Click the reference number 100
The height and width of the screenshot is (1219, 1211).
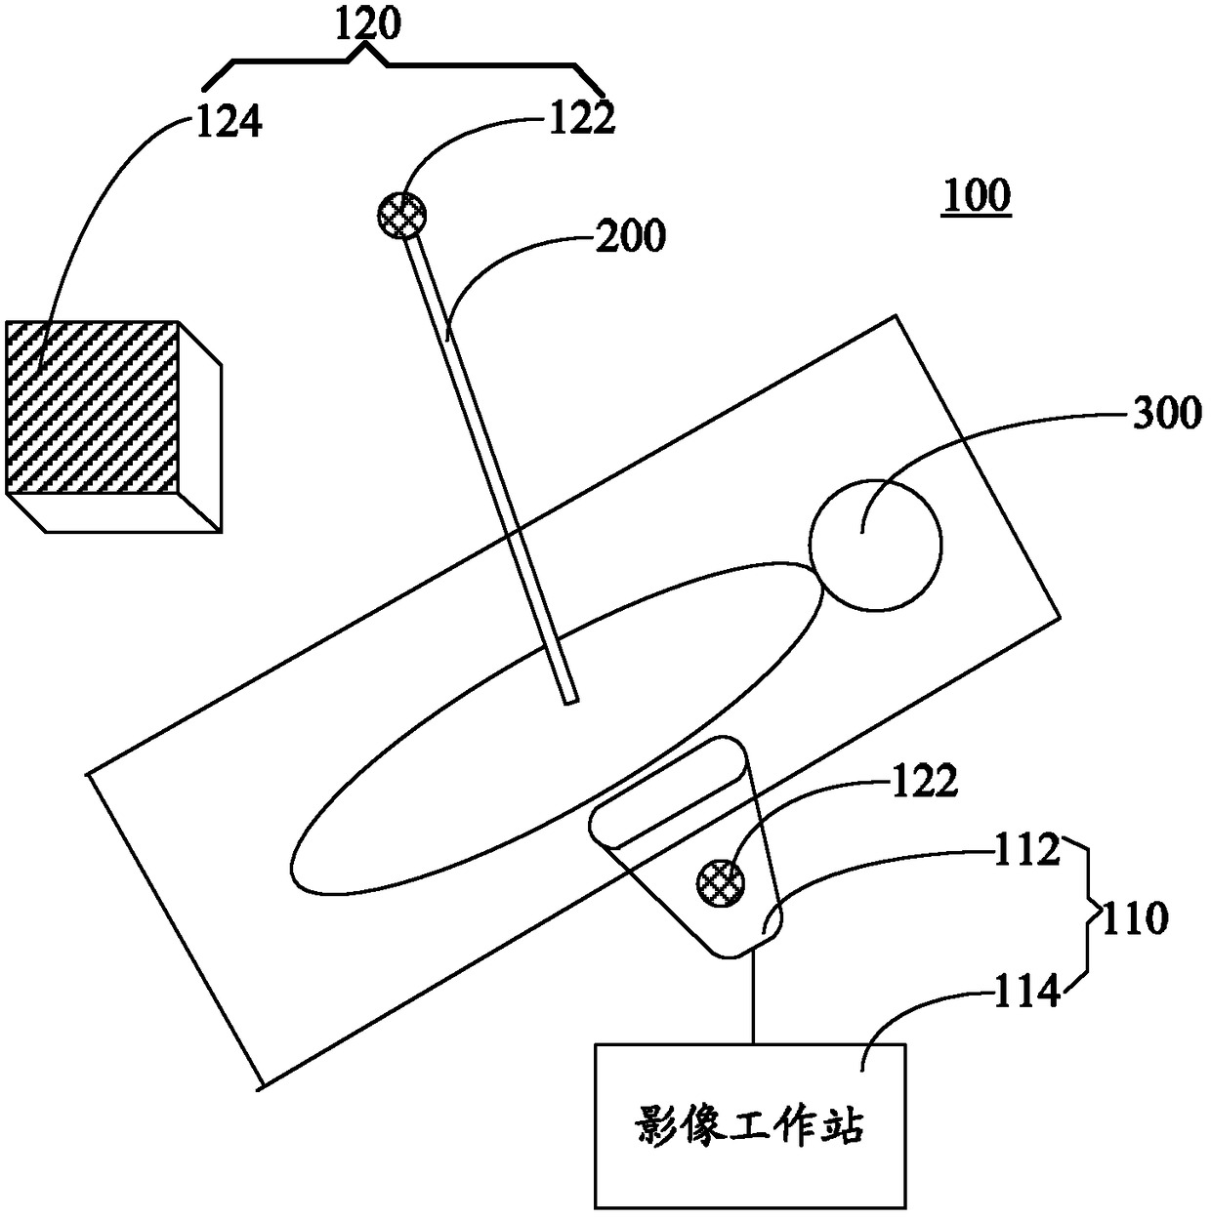[976, 196]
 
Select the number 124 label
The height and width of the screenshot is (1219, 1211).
[230, 123]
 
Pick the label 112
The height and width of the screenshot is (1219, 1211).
[1027, 851]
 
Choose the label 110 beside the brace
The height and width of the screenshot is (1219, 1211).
[1133, 918]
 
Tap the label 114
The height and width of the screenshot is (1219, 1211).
[1027, 994]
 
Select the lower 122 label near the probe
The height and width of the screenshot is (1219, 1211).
[923, 782]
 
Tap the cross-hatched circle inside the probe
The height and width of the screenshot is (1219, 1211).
[721, 883]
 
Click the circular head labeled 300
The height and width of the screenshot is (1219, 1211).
[876, 545]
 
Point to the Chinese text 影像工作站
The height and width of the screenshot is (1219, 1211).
[749, 1127]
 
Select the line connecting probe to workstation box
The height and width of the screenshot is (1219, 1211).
[752, 1000]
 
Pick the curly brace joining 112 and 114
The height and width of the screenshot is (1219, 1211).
[1084, 919]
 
